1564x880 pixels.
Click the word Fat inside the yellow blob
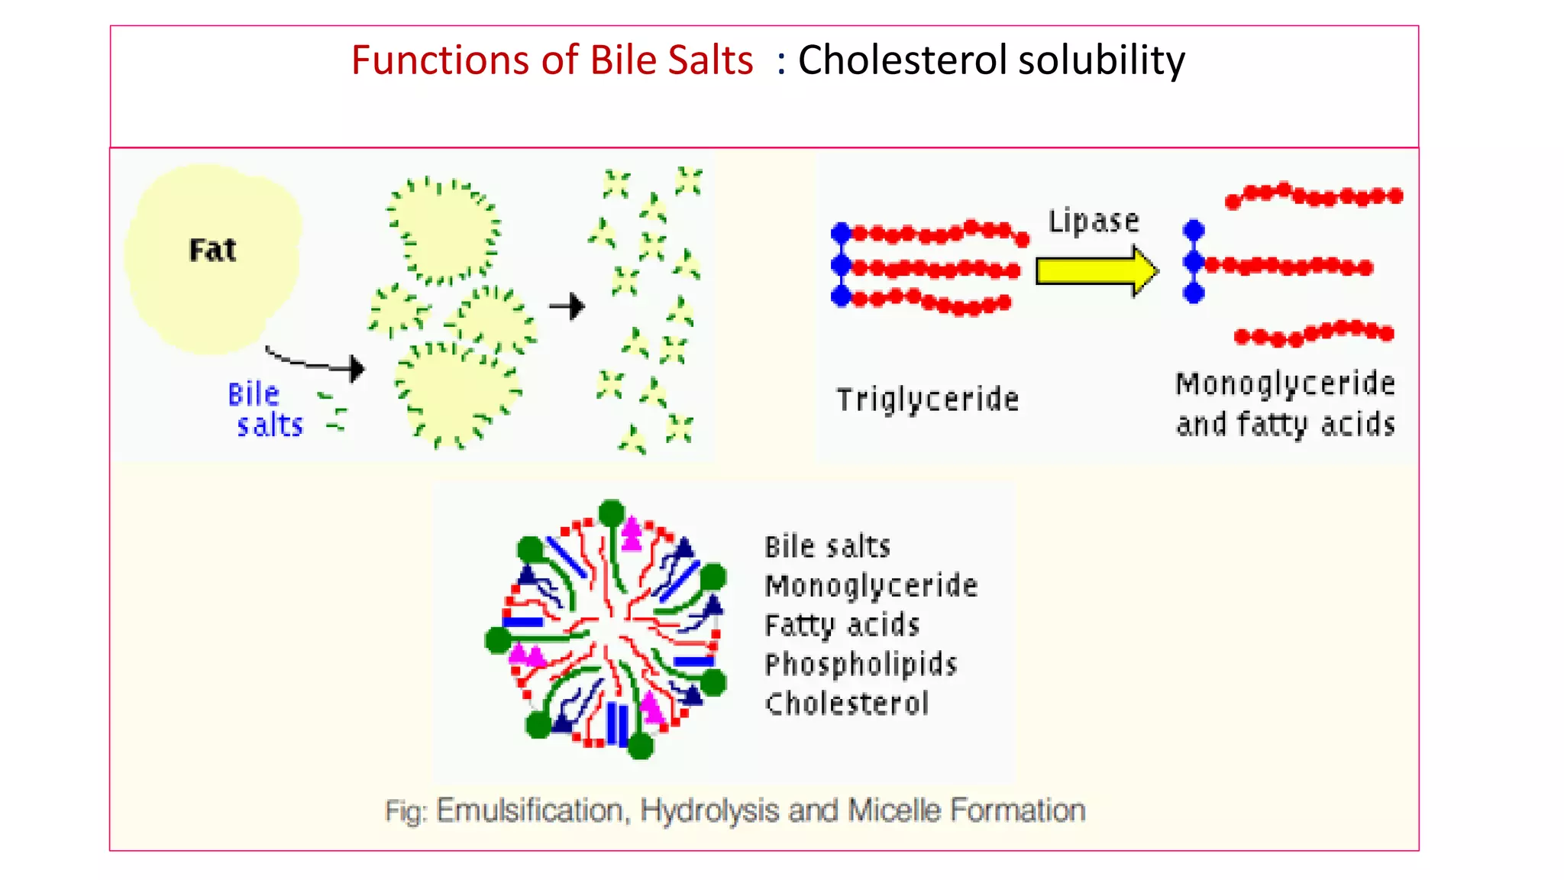(x=212, y=251)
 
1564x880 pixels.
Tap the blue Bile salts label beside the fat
(x=264, y=410)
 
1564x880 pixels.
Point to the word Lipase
(x=1093, y=222)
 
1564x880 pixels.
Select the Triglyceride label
(x=927, y=400)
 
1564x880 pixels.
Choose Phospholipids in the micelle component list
(x=861, y=665)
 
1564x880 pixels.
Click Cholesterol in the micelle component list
(x=847, y=704)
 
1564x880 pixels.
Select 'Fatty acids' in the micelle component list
(x=842, y=626)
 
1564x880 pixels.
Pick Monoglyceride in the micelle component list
(x=871, y=586)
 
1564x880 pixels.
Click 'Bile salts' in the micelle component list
(x=828, y=547)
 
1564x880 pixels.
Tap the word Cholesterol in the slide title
(x=902, y=60)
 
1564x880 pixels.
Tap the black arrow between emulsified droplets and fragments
(x=567, y=307)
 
